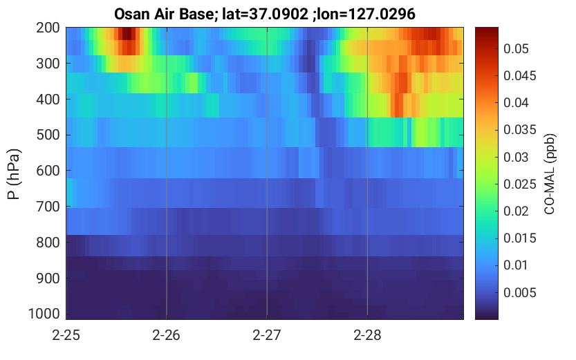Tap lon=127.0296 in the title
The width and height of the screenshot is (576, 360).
366,15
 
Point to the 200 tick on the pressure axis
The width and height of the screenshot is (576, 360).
48,28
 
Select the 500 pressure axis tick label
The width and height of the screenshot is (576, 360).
48,135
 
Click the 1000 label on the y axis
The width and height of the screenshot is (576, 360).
44,314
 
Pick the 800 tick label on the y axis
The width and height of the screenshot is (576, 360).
48,243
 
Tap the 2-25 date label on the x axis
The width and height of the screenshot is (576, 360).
66,335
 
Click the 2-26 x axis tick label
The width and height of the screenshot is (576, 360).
167,335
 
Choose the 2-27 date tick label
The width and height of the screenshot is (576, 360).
267,335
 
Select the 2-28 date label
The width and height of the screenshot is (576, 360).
367,335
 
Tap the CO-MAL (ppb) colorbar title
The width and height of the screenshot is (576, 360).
550,174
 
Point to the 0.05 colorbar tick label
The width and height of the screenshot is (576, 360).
516,49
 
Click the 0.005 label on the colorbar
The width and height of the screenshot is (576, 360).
520,293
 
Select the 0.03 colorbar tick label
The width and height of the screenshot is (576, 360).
516,158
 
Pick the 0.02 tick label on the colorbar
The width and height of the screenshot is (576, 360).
516,211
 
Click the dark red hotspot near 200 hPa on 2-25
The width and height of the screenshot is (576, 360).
127,34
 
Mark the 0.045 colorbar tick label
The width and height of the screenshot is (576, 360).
520,76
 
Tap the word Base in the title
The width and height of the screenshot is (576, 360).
198,15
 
